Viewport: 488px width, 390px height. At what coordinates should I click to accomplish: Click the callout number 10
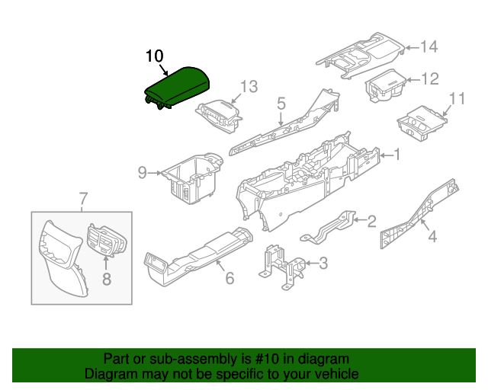(x=154, y=57)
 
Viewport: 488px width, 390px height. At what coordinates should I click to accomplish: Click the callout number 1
(x=397, y=155)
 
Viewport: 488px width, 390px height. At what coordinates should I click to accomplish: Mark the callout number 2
(x=371, y=222)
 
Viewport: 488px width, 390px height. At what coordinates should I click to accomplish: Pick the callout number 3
(x=323, y=264)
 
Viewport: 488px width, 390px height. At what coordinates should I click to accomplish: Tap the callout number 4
(x=432, y=237)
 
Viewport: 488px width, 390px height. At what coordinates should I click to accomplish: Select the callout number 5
(x=281, y=102)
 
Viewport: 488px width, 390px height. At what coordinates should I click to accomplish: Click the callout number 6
(x=229, y=279)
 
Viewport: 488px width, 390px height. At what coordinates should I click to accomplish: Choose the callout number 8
(x=106, y=279)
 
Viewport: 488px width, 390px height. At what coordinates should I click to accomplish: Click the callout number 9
(x=142, y=173)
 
